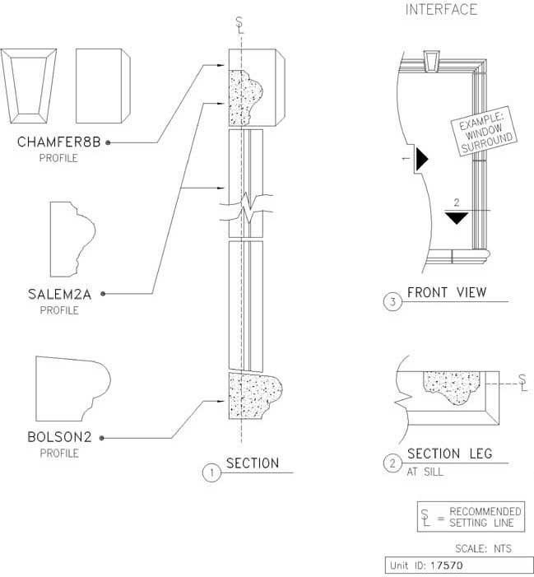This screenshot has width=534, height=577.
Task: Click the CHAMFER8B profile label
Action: (59, 142)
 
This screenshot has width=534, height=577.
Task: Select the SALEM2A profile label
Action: (59, 295)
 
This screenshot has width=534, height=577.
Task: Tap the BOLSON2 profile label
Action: (59, 437)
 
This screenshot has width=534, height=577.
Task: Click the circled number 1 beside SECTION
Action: (211, 472)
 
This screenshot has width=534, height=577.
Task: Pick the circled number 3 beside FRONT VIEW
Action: (392, 302)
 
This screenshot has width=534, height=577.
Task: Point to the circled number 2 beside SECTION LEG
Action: (392, 463)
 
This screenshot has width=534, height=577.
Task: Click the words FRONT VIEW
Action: (447, 292)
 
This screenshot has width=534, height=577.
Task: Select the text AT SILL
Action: (425, 472)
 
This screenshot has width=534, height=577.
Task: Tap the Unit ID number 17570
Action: (447, 565)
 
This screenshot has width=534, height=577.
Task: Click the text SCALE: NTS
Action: (483, 549)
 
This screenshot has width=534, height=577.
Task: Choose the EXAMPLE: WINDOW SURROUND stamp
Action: (485, 132)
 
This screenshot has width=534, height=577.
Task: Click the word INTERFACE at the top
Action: (441, 10)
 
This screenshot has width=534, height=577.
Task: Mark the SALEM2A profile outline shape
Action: (72, 240)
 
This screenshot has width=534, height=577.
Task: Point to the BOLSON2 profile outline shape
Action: (72, 389)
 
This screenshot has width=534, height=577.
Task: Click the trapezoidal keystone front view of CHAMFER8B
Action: (28, 86)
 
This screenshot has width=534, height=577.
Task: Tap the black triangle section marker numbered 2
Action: (457, 218)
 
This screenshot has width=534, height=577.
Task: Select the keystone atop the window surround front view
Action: (433, 63)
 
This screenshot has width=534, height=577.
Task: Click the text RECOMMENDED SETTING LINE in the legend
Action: (485, 517)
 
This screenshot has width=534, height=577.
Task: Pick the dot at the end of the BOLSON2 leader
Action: (102, 438)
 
